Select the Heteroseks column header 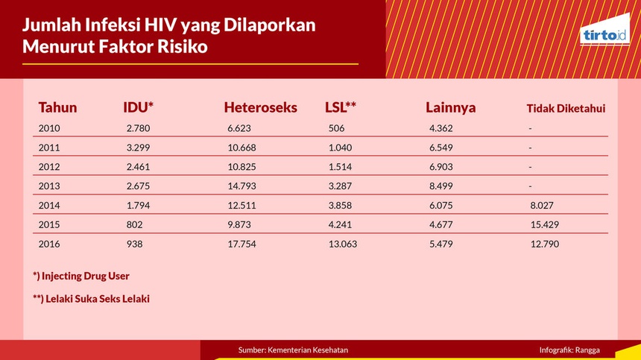(x=260, y=107)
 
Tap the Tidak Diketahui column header (x=566, y=108)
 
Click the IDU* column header (x=138, y=107)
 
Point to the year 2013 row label (x=49, y=186)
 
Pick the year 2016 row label (x=49, y=244)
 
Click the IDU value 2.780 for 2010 (x=138, y=128)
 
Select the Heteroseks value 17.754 (x=241, y=244)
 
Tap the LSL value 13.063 (x=343, y=244)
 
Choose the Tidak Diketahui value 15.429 (x=545, y=225)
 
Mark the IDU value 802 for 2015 (x=134, y=225)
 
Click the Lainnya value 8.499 (x=441, y=186)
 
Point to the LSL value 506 (x=336, y=128)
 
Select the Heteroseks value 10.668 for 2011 (x=241, y=148)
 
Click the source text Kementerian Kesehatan (x=308, y=350)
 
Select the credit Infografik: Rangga (x=569, y=350)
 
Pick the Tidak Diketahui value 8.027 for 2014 (x=542, y=205)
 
